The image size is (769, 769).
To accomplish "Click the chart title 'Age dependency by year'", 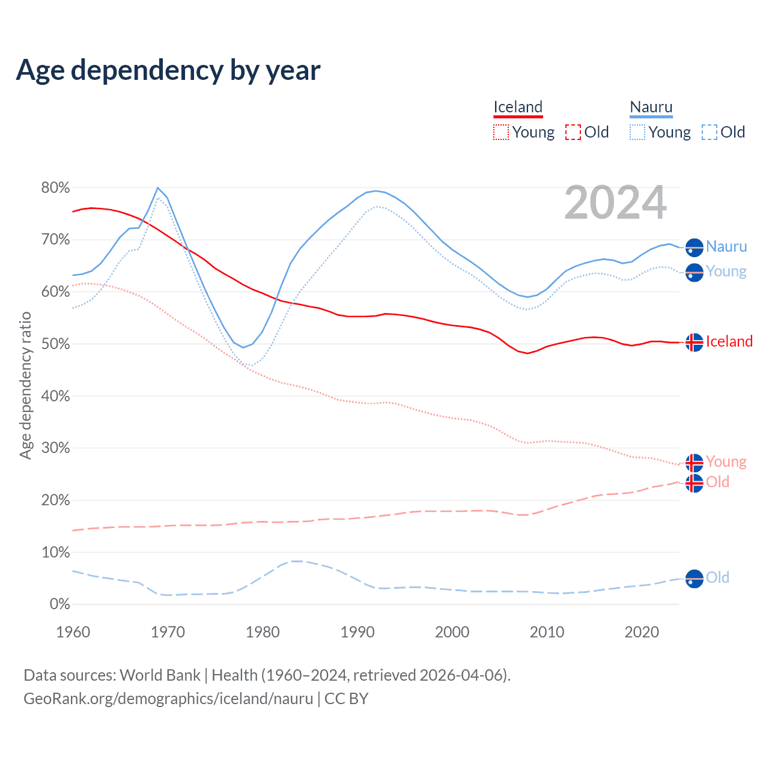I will point(168,70).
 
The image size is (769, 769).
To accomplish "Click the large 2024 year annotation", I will point(615,202).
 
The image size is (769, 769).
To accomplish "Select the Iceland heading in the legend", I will point(518,107).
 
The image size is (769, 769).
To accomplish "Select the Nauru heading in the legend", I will point(651,107).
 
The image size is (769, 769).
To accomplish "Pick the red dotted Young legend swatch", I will point(500,132).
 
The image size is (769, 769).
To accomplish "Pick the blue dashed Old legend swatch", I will point(710,132).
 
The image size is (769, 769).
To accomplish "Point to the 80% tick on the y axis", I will point(55,188).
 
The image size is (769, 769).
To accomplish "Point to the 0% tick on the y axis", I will point(59,604).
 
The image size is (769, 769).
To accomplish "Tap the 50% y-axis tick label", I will point(55,344).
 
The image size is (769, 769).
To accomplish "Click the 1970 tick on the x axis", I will point(168,632).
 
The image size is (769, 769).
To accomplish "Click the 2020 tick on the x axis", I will point(642,632).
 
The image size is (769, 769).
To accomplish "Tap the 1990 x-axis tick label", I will point(357,632).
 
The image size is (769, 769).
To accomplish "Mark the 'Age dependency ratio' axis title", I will point(25,385).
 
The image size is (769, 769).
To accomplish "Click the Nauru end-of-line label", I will point(726,246).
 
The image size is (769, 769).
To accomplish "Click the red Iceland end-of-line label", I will point(729,341).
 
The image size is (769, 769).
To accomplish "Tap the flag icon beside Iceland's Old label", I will point(695,482).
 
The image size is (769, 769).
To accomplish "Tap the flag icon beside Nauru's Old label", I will point(695,579).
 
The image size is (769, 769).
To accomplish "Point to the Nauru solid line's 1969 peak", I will point(158,187).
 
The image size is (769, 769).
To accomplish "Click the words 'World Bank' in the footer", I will point(160,675).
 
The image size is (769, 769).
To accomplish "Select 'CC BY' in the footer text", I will point(347,699).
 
